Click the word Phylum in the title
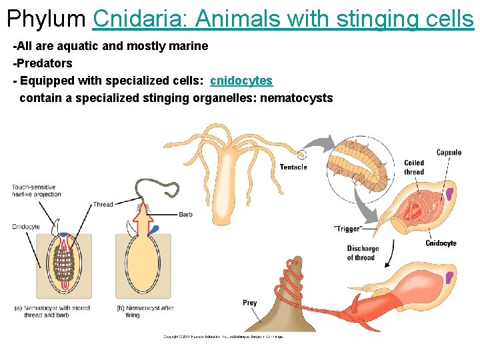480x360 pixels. click(47, 18)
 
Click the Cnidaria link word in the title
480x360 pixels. click(137, 18)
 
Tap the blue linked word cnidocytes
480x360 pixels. click(241, 81)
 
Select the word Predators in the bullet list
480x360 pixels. click(43, 63)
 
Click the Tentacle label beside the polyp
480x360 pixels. click(293, 167)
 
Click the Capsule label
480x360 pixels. click(449, 153)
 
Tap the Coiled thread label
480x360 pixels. click(413, 167)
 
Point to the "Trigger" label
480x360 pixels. click(347, 229)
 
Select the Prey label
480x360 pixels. click(249, 303)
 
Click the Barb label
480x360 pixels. click(185, 214)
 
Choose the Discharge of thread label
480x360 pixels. click(362, 253)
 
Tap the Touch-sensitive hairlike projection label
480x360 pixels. click(36, 191)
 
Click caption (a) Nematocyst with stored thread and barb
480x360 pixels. click(51, 311)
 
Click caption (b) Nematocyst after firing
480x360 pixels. click(145, 311)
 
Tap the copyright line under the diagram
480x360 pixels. click(223, 337)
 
